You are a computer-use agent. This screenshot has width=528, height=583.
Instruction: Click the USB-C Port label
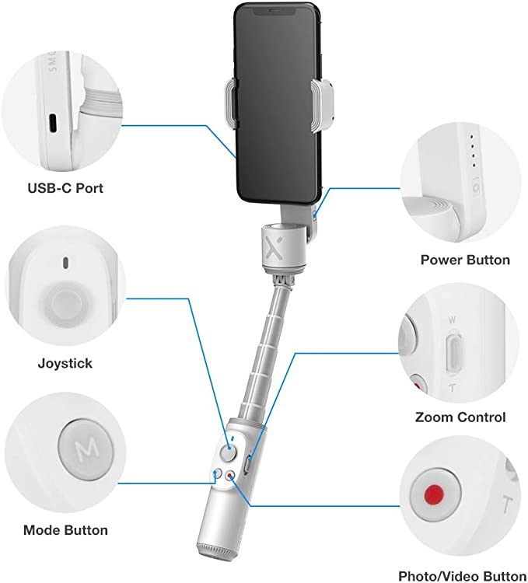pos(65,188)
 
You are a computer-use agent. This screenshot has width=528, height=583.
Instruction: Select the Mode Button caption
pos(65,531)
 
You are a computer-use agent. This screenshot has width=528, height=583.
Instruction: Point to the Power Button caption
pos(465,260)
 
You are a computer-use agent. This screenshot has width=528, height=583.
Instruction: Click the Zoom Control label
pos(460,417)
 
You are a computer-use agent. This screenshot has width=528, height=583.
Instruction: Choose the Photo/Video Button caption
pos(463,576)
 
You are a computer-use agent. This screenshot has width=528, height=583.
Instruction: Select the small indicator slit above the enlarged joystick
pos(65,262)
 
